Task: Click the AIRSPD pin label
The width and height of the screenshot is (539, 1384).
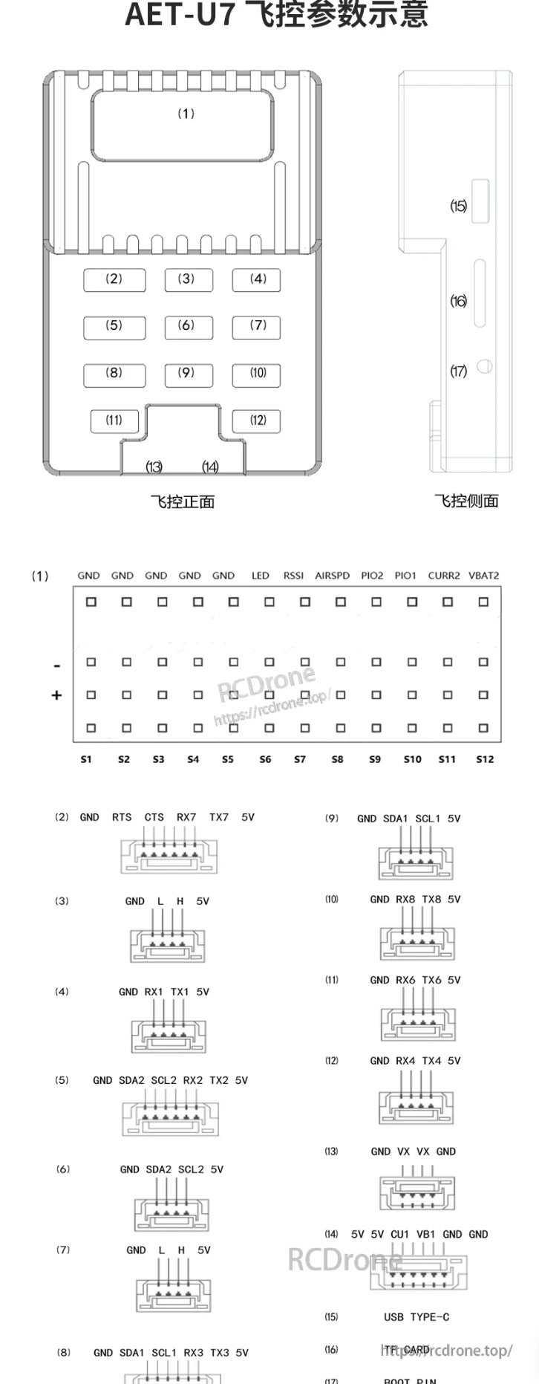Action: click(x=332, y=576)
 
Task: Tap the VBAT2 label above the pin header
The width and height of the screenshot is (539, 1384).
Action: click(x=483, y=576)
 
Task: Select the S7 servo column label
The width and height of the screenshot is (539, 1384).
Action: click(x=300, y=759)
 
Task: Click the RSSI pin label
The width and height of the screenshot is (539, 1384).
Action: click(x=293, y=576)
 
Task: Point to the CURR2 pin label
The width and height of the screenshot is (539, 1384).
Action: click(x=444, y=576)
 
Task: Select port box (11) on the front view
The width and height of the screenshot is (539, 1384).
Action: click(x=114, y=420)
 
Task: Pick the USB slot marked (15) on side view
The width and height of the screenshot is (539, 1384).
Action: click(x=481, y=201)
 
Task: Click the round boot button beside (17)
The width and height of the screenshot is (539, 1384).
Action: click(x=485, y=366)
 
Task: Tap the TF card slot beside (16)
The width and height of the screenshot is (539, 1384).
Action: click(x=480, y=293)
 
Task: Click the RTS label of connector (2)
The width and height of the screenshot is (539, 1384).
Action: click(x=122, y=817)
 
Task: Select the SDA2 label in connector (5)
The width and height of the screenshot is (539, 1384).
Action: click(x=131, y=1080)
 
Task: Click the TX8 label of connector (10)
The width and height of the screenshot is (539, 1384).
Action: click(x=431, y=899)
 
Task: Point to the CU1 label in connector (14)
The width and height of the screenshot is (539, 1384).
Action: click(x=399, y=1234)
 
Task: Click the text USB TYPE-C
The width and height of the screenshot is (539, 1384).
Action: click(x=416, y=1317)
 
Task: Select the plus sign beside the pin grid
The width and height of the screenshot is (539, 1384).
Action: click(x=56, y=695)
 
